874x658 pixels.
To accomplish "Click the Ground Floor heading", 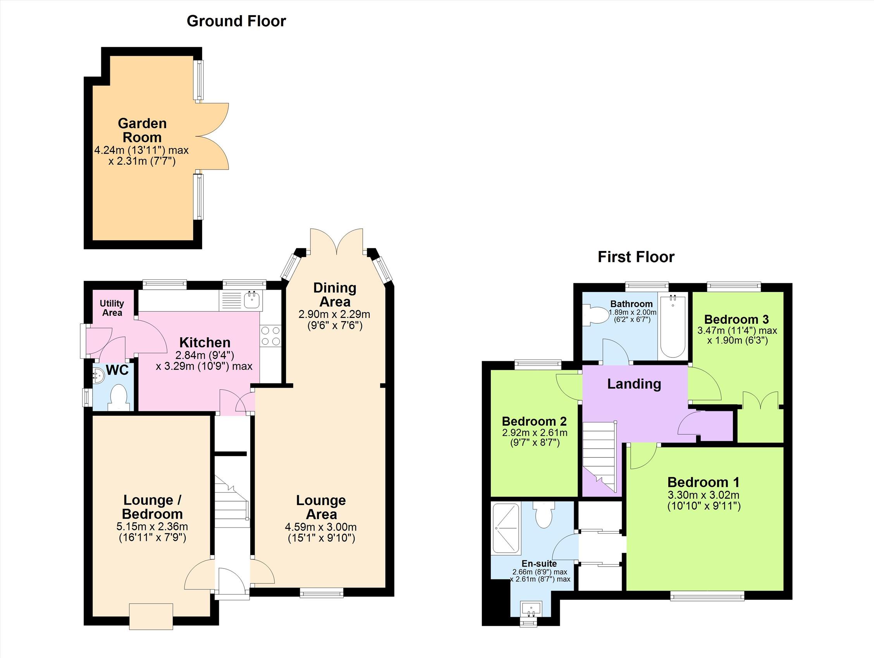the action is [x=236, y=21].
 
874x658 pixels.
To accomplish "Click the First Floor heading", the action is [x=636, y=257].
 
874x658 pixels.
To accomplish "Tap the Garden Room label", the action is [x=142, y=131].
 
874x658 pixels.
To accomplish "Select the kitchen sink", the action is [x=251, y=300].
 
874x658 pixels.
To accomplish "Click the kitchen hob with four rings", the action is [x=271, y=336].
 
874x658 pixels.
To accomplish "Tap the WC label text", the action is [x=117, y=370].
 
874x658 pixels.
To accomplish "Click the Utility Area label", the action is [x=112, y=308].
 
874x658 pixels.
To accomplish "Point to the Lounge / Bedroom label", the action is [x=153, y=507].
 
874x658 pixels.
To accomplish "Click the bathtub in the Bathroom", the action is [x=673, y=326].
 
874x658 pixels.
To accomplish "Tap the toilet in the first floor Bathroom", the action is [x=597, y=315].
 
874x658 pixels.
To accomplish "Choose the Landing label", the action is [x=634, y=384].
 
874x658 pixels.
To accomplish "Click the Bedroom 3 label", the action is [x=736, y=319].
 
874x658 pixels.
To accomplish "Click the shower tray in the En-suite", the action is [x=505, y=527].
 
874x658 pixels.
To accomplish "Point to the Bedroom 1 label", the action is [x=703, y=482].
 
